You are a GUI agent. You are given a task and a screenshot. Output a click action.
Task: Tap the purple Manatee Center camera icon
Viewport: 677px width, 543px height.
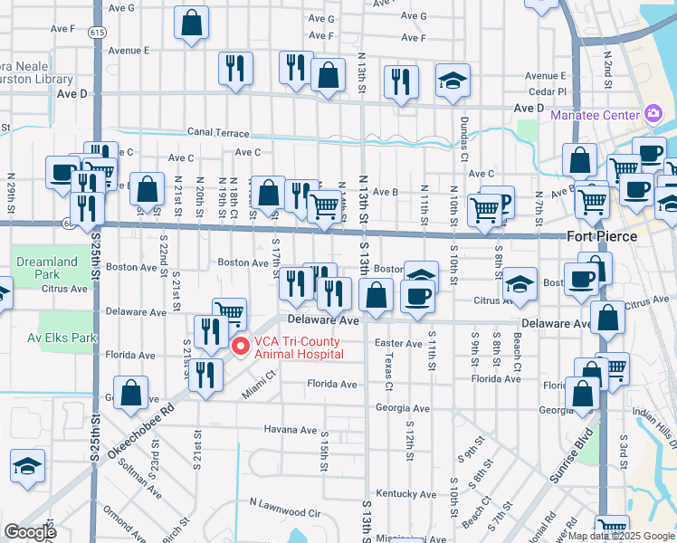tap(653, 113)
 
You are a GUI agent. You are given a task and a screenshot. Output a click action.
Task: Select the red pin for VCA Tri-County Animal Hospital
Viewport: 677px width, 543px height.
tap(240, 346)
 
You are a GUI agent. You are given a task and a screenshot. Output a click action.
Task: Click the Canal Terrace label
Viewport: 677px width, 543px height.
tap(218, 131)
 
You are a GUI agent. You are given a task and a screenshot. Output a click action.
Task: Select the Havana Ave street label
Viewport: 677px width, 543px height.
tap(291, 428)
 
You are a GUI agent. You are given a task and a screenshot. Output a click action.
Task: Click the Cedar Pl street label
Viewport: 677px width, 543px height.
tap(548, 91)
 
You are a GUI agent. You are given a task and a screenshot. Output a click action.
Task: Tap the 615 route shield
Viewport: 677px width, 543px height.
tap(95, 33)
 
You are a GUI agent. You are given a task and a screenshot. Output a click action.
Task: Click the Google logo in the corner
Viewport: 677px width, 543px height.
tap(30, 532)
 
